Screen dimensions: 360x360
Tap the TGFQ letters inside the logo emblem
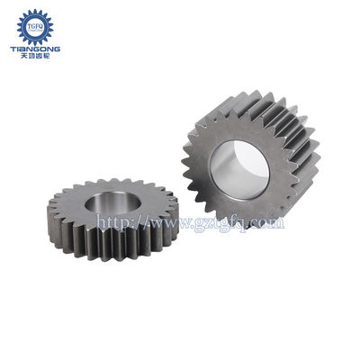(x=36, y=24)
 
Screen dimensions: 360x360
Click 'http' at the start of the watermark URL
(x=109, y=220)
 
